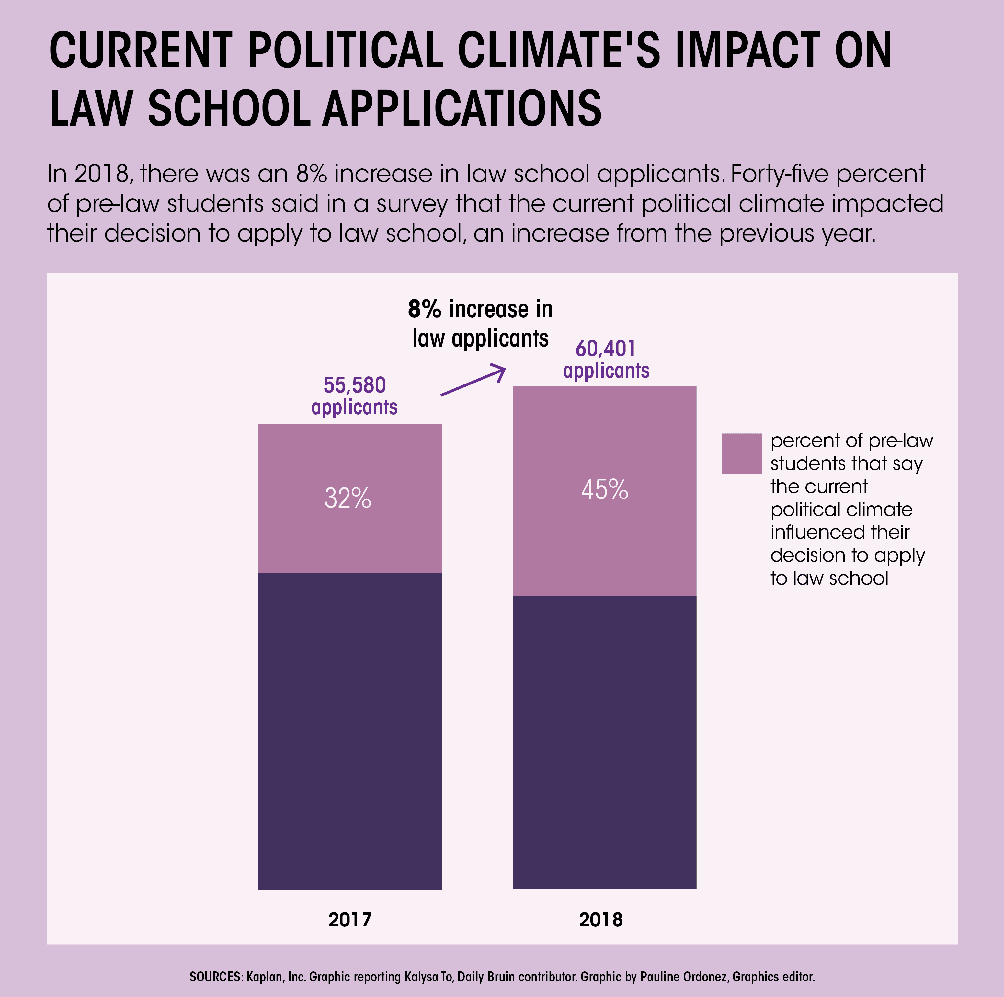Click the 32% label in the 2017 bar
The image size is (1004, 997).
point(348,498)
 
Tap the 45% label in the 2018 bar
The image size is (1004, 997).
point(604,490)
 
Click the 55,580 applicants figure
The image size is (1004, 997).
point(354,396)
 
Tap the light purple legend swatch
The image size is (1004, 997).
point(742,453)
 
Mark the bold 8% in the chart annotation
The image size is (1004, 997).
point(424,309)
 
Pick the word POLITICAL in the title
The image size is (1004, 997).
point(346,51)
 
